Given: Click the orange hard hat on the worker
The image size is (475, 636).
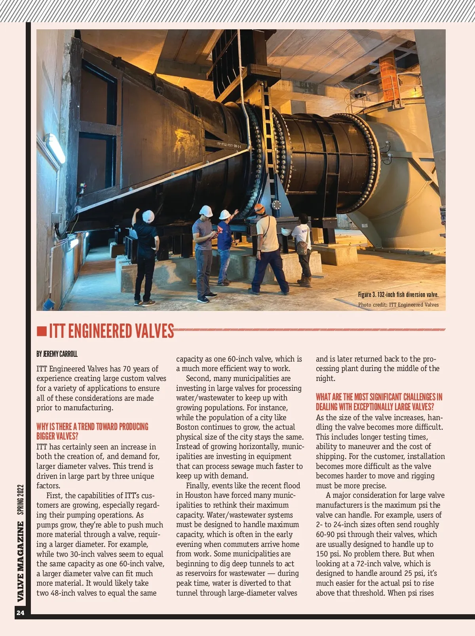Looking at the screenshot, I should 259,208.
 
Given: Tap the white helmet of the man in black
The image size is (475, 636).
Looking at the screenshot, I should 148,216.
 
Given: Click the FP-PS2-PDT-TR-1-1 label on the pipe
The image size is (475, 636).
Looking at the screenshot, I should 229,145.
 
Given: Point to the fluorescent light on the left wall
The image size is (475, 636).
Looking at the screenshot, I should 55,148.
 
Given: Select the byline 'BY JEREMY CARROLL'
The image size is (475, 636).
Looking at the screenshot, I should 57,354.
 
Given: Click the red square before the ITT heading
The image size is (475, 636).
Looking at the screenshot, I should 42,331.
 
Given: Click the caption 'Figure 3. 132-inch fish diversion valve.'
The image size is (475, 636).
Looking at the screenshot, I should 398,295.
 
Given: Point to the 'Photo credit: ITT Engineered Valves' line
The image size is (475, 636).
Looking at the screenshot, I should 398,305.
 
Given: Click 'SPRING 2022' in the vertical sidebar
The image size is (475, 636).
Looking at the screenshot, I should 21,500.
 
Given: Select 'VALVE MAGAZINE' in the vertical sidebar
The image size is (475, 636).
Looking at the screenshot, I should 21,561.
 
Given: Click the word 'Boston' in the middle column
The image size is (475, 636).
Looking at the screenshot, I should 188,427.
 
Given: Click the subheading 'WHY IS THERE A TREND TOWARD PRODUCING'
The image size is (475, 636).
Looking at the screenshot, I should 92,427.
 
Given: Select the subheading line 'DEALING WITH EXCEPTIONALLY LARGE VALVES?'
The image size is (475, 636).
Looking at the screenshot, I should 375,407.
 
